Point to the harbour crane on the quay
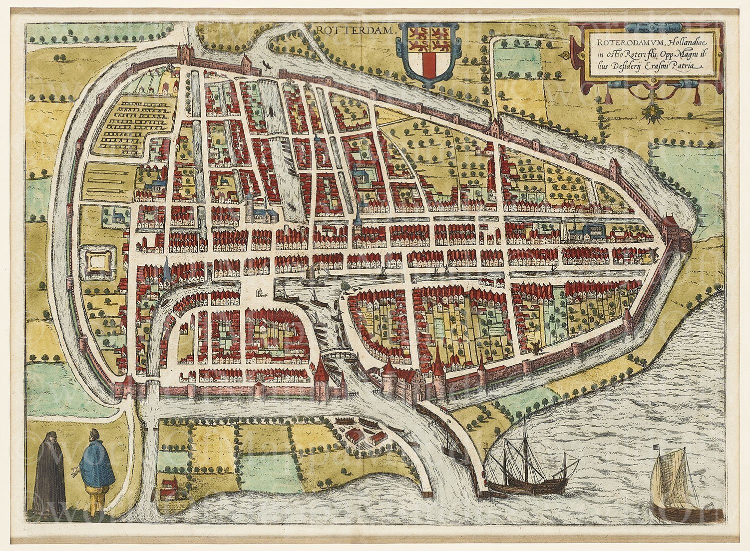[x=260, y=293]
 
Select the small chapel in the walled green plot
[x=116, y=216]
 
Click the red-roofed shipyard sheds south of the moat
[x=360, y=422]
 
